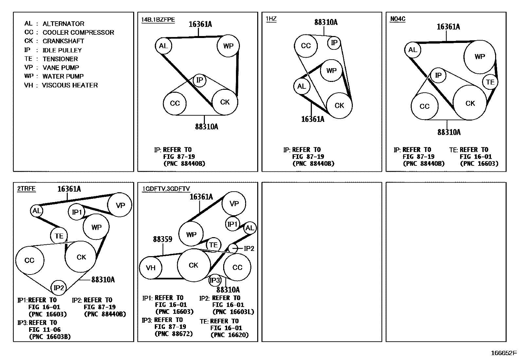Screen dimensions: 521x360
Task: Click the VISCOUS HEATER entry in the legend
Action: click(x=61, y=85)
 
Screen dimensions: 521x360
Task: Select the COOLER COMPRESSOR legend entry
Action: click(x=69, y=32)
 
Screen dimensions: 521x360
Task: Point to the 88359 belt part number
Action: click(x=163, y=239)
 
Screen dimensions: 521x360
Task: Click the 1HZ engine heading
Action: click(x=271, y=19)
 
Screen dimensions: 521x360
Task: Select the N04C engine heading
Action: click(x=398, y=19)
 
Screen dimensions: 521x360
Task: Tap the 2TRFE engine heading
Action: click(x=27, y=188)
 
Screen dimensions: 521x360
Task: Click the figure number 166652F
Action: click(x=504, y=353)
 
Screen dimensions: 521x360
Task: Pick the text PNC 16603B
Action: click(x=50, y=337)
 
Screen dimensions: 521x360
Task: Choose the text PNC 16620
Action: click(x=230, y=335)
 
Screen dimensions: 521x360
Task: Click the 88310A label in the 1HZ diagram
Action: click(x=326, y=22)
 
